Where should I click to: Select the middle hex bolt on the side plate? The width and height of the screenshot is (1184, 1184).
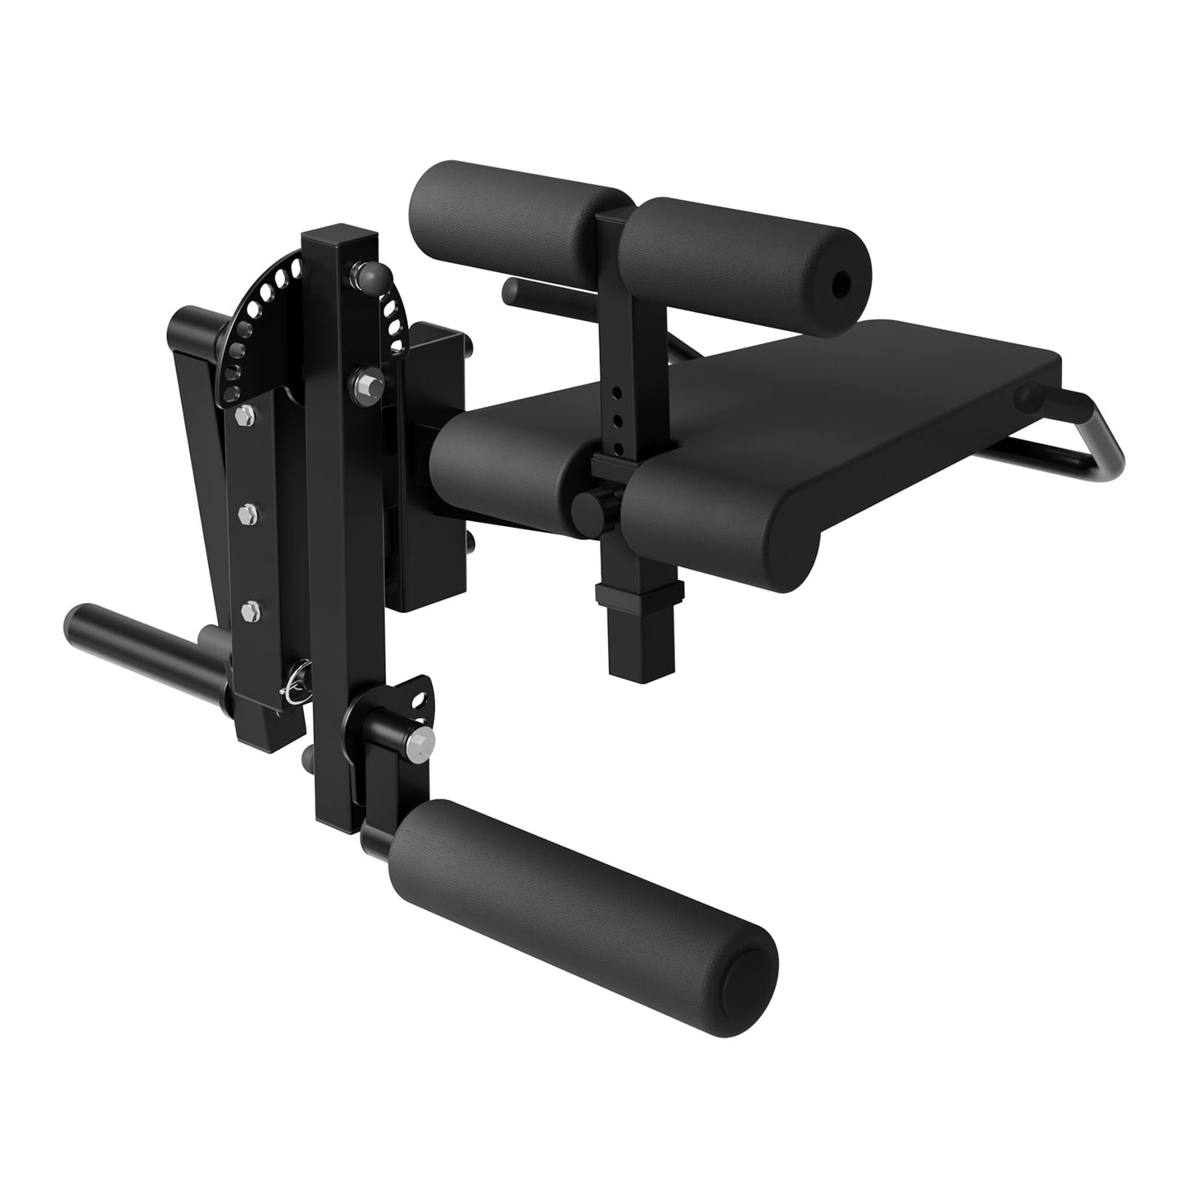[248, 514]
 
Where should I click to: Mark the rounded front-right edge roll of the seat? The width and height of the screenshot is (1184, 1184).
[721, 516]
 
